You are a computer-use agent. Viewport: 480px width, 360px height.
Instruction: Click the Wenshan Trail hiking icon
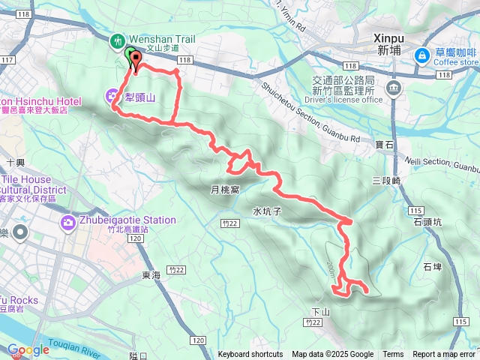(117, 40)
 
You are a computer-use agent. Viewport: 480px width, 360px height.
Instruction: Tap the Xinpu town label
(389, 43)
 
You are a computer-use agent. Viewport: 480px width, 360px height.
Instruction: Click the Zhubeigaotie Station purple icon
(69, 221)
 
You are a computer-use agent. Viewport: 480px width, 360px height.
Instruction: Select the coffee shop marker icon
(421, 54)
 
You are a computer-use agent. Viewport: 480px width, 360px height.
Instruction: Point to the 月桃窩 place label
(224, 190)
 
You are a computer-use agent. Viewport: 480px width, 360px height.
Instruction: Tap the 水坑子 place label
(266, 211)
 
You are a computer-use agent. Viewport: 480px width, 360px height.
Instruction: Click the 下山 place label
(319, 310)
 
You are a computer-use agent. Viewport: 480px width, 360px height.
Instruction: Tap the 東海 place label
(151, 275)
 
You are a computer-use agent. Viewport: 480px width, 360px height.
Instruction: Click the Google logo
(28, 350)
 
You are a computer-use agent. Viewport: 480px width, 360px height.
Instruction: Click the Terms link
(393, 355)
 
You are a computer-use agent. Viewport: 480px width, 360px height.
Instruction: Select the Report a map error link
(445, 355)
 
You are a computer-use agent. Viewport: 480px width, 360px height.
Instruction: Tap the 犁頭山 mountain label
(139, 97)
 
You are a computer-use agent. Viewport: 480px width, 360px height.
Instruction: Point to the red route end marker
(136, 61)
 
